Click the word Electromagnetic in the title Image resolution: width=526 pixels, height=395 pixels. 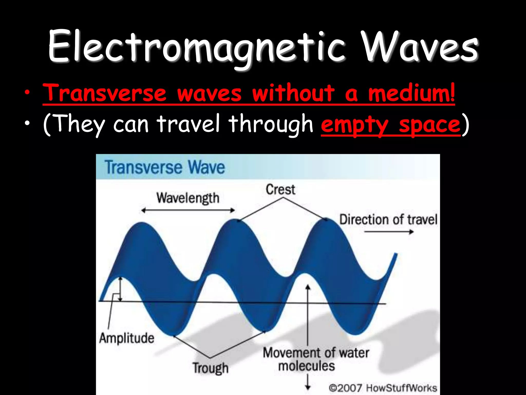196,48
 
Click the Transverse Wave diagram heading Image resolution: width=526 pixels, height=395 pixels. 165,167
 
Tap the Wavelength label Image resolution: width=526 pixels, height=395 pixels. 188,198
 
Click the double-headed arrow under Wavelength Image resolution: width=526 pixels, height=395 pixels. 188,210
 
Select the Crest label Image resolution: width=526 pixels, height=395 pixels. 280,190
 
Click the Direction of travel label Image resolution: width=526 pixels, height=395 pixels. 388,220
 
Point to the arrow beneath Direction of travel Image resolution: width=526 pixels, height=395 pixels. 389,232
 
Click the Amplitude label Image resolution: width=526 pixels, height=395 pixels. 127,338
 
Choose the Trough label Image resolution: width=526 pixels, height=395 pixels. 210,368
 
